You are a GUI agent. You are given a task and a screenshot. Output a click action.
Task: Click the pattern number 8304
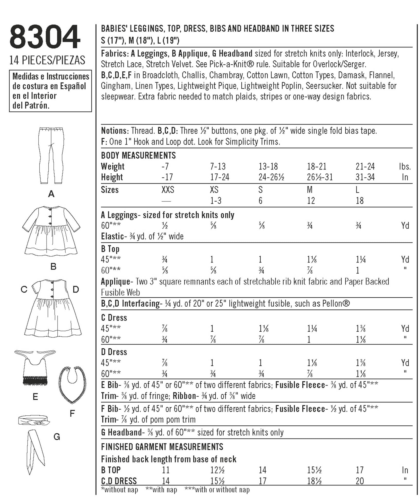(45, 37)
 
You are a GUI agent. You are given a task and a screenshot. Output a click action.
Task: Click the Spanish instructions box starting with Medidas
(50, 91)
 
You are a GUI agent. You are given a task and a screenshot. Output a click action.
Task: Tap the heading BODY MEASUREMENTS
(138, 155)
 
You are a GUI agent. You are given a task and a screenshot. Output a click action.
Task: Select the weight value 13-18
(268, 166)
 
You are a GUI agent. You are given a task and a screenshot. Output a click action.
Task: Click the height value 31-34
(365, 177)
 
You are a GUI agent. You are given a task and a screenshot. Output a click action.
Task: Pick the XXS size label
(168, 190)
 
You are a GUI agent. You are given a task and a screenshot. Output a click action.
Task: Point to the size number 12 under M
(311, 201)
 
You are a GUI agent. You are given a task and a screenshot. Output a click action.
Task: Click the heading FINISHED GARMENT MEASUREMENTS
(162, 447)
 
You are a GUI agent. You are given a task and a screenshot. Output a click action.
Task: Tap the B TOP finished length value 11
(165, 470)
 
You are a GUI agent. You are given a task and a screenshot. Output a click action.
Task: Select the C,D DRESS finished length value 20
(360, 481)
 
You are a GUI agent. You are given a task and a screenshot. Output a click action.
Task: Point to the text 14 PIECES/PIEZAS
(47, 60)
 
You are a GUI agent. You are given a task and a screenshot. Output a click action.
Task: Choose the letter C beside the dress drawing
(24, 290)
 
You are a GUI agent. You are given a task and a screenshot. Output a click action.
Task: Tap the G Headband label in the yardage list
(121, 432)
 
